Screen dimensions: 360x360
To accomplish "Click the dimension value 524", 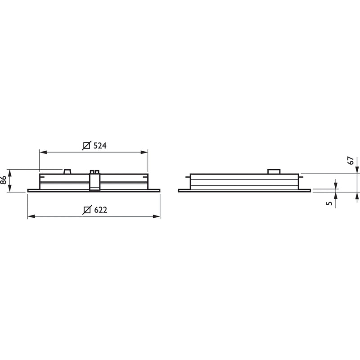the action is [x=100, y=145].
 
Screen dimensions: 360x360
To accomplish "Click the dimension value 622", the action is [x=100, y=210].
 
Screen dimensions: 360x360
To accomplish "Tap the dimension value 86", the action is [x=4, y=180].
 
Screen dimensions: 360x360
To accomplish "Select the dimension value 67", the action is [x=351, y=161].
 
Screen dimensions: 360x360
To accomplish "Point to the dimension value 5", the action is [x=329, y=203].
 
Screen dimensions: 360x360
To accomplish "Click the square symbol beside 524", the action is [x=86, y=145].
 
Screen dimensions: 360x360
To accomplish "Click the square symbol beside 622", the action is [x=87, y=210].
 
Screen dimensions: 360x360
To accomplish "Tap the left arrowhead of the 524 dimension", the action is [x=43, y=152].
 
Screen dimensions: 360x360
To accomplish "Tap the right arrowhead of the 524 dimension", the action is [x=144, y=152].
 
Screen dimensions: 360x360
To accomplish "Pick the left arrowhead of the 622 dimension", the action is [x=31, y=216].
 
